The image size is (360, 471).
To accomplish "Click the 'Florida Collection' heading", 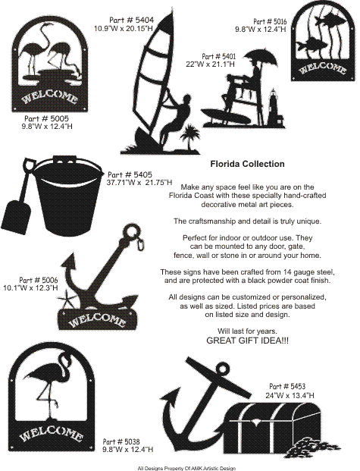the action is pos(247,164).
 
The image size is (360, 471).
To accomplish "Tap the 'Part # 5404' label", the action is pos(132,20).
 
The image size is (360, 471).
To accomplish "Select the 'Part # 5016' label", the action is pos(270,21).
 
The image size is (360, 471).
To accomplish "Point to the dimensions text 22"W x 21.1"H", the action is pos(211,64).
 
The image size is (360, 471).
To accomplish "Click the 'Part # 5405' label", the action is pos(130,174).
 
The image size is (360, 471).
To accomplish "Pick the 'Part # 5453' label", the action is pos(287,386).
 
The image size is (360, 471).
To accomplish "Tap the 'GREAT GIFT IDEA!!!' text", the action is pos(247,341).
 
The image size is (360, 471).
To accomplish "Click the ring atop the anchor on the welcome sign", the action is pos(132,232).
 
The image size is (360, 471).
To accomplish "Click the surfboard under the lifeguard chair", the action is pos(226,117).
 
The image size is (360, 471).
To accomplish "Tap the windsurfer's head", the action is pos(186,100).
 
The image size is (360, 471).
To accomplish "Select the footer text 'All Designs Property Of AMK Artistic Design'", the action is pos(186,468).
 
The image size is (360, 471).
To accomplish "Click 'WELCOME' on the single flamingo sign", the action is pos(52,435).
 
